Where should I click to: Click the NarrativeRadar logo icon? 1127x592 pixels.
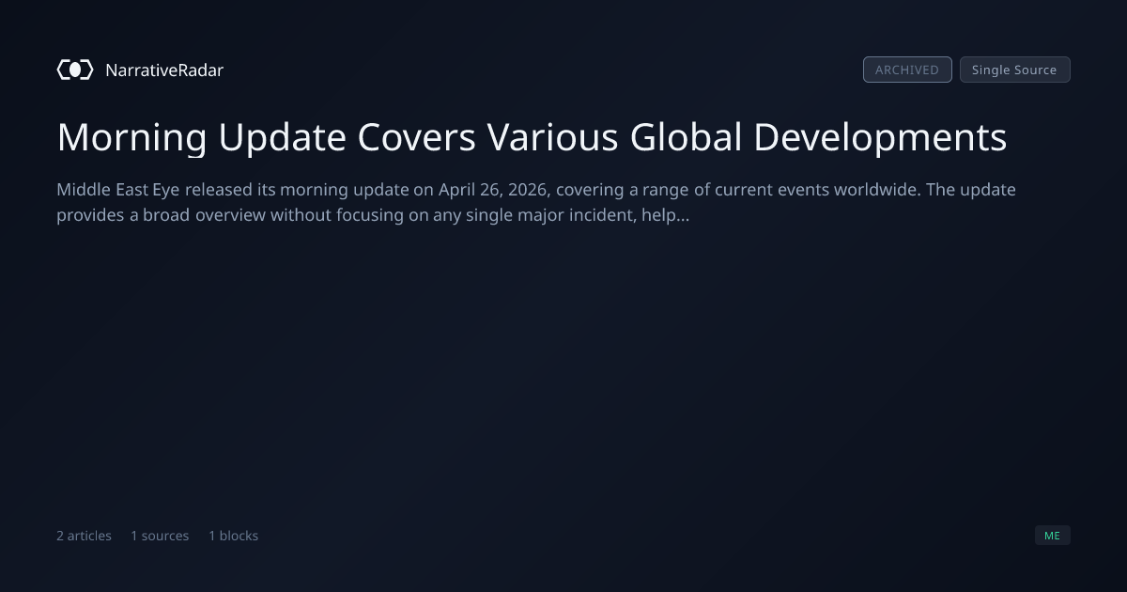(x=75, y=70)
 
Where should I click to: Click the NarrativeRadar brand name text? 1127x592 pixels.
(x=164, y=70)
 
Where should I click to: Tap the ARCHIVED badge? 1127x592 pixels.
(x=907, y=70)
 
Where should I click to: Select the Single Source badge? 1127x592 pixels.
(x=1015, y=70)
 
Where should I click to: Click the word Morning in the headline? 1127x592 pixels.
(x=131, y=138)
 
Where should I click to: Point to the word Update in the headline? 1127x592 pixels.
(x=283, y=138)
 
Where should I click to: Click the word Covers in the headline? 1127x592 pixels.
(x=417, y=137)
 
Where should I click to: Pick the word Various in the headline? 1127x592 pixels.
(x=552, y=137)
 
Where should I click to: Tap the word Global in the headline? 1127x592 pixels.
(x=686, y=136)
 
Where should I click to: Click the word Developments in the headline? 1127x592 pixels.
(x=881, y=138)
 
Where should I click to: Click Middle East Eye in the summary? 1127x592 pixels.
(x=118, y=190)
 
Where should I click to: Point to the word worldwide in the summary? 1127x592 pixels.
(x=877, y=189)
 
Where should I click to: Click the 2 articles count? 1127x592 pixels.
(x=84, y=536)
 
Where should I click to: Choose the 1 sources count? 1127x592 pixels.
(x=160, y=536)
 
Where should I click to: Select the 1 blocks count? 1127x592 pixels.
(x=234, y=536)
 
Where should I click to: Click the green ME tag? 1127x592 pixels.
(x=1053, y=535)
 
